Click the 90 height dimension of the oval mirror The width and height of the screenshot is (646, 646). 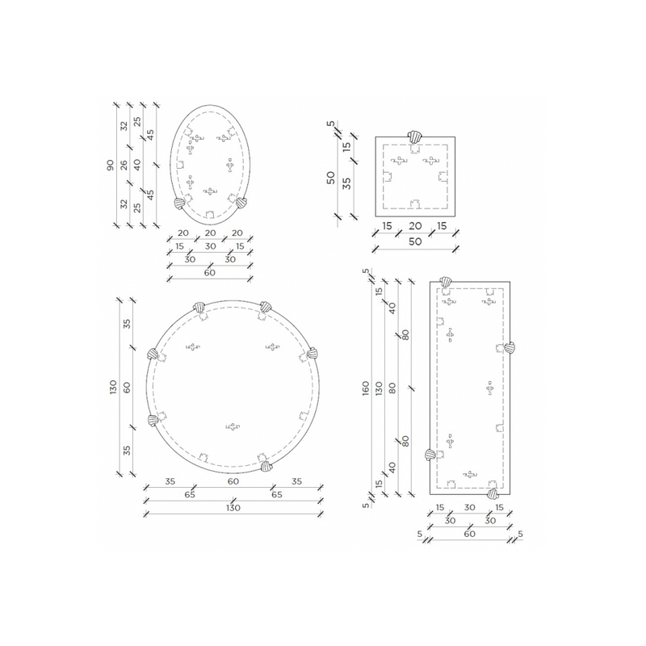(x=111, y=165)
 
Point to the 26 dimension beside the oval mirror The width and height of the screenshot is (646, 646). (x=124, y=165)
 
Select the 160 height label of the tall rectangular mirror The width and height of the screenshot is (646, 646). (x=366, y=388)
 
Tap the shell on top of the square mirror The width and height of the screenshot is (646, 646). (x=415, y=136)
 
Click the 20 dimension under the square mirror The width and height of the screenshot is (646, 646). (x=415, y=226)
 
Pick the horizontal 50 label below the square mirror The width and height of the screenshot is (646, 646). (x=415, y=241)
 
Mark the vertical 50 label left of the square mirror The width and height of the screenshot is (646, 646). (x=331, y=178)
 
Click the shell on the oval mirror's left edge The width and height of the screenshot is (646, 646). (x=179, y=203)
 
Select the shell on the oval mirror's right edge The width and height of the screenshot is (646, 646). (x=241, y=203)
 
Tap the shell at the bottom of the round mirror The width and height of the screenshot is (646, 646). (x=267, y=466)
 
